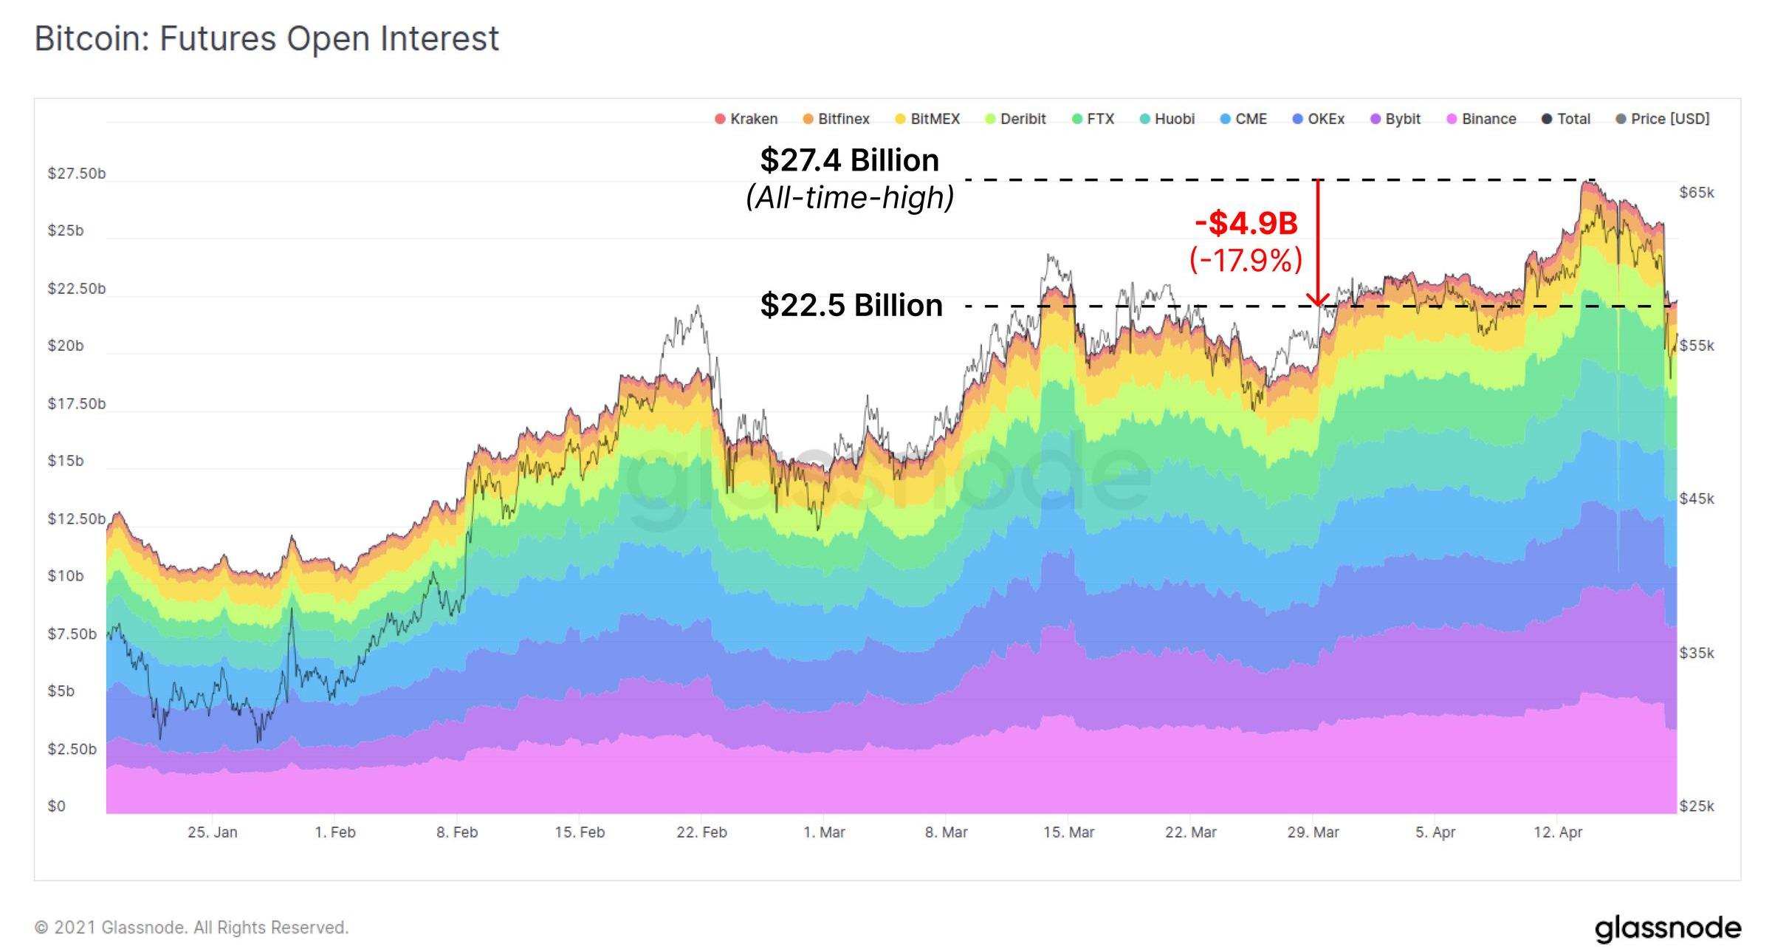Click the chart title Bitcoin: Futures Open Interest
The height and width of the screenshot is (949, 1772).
tap(267, 38)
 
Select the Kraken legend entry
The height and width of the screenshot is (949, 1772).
tap(746, 119)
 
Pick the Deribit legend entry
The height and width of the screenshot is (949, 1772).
tap(1016, 119)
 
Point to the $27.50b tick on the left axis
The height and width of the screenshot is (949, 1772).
tap(77, 174)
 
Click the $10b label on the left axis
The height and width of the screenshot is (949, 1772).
tap(66, 576)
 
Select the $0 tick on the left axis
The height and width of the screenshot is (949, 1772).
tap(57, 806)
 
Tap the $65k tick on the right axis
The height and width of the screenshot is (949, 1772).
tap(1697, 193)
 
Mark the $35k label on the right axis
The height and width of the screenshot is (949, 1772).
tap(1697, 653)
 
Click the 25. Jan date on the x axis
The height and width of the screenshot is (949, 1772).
tap(213, 832)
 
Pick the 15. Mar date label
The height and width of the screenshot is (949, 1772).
tap(1068, 832)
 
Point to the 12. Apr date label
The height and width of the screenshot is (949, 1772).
tap(1558, 832)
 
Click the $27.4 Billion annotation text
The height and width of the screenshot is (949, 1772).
tap(850, 160)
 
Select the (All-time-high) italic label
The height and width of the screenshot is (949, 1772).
tap(850, 198)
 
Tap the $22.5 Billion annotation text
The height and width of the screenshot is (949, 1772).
tap(851, 305)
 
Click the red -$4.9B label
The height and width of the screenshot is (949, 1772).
tap(1246, 223)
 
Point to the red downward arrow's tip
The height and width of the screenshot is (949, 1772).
tap(1318, 304)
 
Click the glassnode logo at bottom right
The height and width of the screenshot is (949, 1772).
tap(1667, 928)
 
